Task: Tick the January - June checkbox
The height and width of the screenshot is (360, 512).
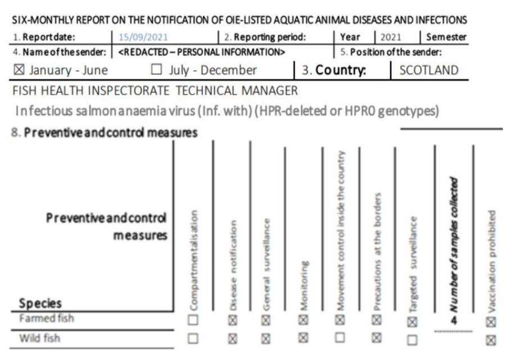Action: pyautogui.click(x=21, y=71)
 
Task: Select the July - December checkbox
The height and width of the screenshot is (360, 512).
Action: pyautogui.click(x=156, y=71)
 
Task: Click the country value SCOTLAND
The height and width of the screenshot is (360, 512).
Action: pyautogui.click(x=429, y=71)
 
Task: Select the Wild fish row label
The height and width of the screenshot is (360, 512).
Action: pyautogui.click(x=39, y=338)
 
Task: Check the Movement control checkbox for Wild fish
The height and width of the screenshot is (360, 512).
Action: pyautogui.click(x=340, y=338)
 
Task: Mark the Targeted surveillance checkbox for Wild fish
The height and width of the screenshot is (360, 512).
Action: pyautogui.click(x=413, y=340)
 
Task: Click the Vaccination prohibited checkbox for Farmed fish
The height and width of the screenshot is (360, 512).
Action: pyautogui.click(x=491, y=321)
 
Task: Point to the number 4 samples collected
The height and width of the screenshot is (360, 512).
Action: pyautogui.click(x=454, y=320)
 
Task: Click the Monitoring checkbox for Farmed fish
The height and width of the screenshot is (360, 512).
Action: pyautogui.click(x=303, y=320)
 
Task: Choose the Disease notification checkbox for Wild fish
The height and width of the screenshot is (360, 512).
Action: pyautogui.click(x=231, y=339)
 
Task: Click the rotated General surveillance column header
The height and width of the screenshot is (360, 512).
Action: pyautogui.click(x=268, y=264)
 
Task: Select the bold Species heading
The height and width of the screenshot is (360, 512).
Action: pyautogui.click(x=40, y=303)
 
